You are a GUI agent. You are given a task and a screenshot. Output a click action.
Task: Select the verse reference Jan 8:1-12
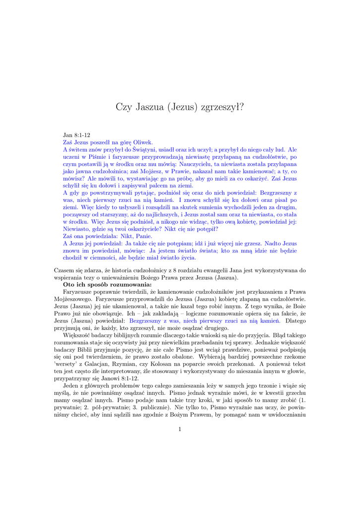[x=76, y=134]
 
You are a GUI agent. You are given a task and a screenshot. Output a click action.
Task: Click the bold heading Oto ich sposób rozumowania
[x=100, y=285]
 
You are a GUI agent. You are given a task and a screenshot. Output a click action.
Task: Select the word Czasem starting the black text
[x=65, y=270]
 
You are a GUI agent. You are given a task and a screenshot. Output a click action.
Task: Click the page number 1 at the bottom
[x=180, y=429]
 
